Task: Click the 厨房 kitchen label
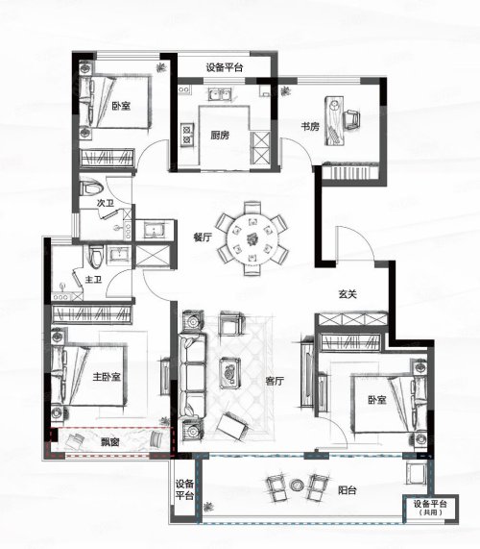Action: pos(220,136)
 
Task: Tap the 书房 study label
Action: pos(310,126)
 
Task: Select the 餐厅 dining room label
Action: pos(203,237)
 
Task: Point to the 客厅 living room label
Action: pos(275,381)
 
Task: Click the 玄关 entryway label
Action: pos(348,294)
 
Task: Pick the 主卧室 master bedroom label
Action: pos(107,377)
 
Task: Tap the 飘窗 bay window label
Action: pos(109,442)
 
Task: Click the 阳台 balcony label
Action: pos(348,490)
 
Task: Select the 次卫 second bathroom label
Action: pos(106,203)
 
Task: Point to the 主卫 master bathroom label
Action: pos(93,280)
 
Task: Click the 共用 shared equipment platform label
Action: pos(430,512)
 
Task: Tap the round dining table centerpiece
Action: pos(252,239)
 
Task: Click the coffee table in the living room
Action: pos(230,373)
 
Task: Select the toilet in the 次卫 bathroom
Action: pos(91,187)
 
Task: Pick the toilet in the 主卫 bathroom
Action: pos(96,257)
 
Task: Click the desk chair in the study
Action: pos(351,119)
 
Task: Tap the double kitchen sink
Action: pos(220,94)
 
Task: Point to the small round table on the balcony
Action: pos(298,485)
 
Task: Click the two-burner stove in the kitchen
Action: pos(187,135)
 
